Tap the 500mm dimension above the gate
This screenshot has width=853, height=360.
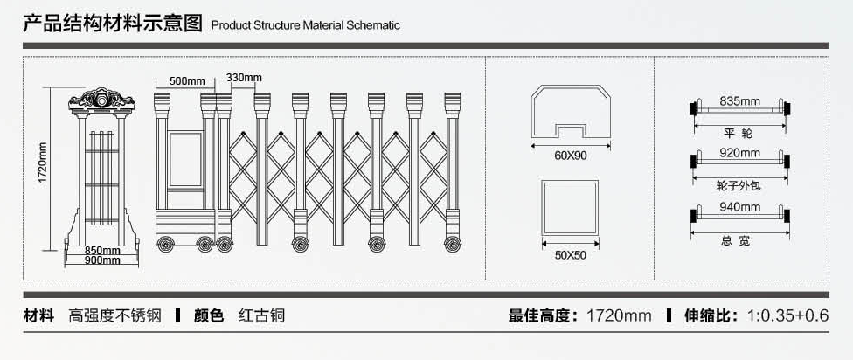186,81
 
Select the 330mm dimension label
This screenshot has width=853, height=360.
244,77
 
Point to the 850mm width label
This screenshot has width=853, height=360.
102,251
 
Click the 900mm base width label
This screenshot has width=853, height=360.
102,260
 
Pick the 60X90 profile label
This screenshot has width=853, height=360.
571,156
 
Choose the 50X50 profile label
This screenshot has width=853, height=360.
570,255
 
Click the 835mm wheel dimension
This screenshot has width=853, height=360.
739,101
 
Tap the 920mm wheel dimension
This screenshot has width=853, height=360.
739,153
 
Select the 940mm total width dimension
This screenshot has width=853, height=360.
739,207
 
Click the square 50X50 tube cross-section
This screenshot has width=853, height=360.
570,208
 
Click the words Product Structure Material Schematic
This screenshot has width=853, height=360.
306,25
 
